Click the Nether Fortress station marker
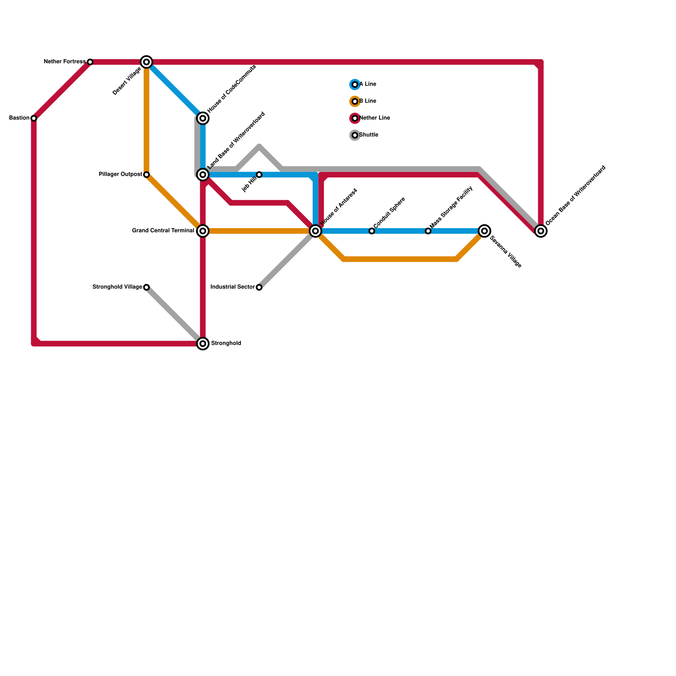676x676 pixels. click(90, 62)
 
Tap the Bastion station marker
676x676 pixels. click(34, 118)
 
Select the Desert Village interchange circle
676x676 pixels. click(147, 62)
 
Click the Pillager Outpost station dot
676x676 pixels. click(146, 174)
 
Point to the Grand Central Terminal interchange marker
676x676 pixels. click(203, 231)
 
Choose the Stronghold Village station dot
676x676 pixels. click(146, 287)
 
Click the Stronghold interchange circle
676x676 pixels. click(203, 343)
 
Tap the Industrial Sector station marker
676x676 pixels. click(259, 287)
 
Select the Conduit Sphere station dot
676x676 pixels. click(372, 231)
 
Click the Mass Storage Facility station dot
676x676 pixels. click(428, 231)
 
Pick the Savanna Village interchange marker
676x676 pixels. click(485, 231)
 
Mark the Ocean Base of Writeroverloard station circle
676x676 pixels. click(541, 231)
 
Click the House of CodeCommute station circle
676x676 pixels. click(203, 118)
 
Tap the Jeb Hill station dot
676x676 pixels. click(259, 174)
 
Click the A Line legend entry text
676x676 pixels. click(368, 84)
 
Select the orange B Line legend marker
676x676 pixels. click(355, 101)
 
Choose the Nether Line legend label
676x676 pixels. click(375, 118)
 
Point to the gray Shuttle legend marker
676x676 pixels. click(355, 135)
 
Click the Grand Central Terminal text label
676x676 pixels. click(163, 231)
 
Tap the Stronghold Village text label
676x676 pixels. click(117, 287)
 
